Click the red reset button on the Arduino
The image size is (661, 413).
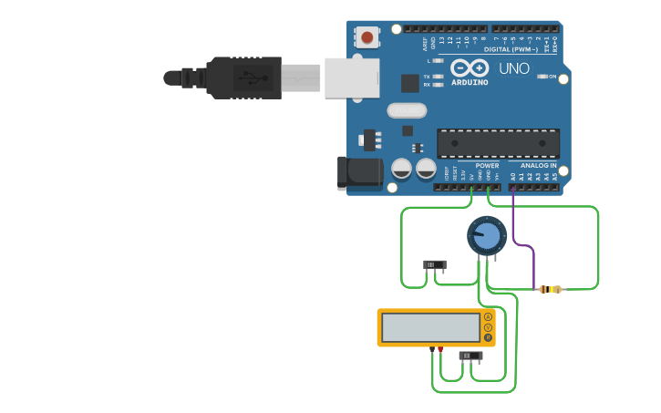point(367,37)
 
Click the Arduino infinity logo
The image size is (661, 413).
point(470,68)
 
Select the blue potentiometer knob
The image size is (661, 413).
point(487,236)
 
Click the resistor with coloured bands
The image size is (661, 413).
point(550,289)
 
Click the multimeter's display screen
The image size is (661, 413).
point(430,327)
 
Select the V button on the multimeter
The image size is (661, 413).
point(488,327)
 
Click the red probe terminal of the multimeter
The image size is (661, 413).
point(441,348)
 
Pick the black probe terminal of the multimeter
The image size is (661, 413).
point(432,348)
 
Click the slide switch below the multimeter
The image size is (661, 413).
point(470,356)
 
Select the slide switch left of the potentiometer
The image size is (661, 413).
point(435,265)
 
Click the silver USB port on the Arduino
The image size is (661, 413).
point(352,77)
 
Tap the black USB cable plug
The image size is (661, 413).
point(243,77)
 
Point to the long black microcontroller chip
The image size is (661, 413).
point(498,144)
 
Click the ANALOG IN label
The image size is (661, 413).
point(538,166)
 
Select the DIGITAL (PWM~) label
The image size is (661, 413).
point(511,49)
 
